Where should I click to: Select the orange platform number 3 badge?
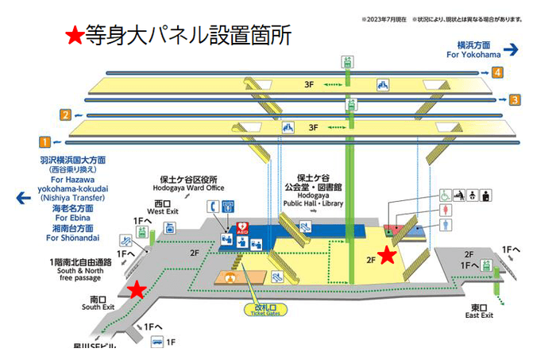pos(515,99)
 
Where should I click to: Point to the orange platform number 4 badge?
pos(497,73)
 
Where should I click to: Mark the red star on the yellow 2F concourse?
pos(386,255)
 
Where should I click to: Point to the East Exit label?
pos(477,311)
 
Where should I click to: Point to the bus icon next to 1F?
pos(156,343)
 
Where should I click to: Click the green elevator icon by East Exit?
pos(499,265)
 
